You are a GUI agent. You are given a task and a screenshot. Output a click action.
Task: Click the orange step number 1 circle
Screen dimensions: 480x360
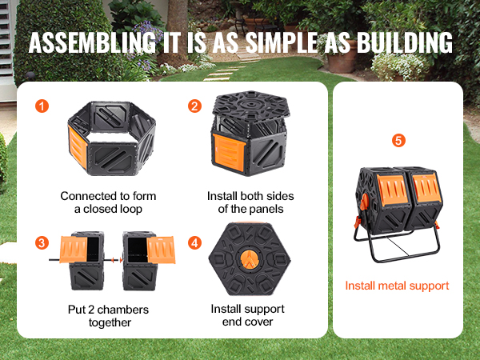click(x=42, y=106)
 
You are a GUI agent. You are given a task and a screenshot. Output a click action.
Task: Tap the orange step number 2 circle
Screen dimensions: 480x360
click(x=194, y=106)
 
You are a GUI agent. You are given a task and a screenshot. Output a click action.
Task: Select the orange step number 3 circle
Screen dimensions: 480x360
click(x=42, y=243)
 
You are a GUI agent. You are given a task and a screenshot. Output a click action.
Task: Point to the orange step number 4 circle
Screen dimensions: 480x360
click(x=194, y=243)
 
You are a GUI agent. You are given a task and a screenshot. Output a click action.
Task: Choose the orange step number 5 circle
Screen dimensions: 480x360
click(x=398, y=141)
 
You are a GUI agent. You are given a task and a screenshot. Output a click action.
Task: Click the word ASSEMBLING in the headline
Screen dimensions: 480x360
click(x=92, y=42)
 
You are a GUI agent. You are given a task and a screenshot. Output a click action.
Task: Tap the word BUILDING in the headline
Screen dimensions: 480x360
click(x=405, y=42)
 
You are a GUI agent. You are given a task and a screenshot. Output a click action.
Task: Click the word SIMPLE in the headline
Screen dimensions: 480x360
click(x=282, y=42)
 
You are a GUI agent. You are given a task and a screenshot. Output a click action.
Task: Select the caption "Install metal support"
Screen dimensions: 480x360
click(x=397, y=286)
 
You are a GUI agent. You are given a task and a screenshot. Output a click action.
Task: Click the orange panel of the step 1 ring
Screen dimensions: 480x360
click(x=78, y=146)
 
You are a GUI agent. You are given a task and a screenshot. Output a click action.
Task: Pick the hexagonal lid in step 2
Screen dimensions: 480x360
click(x=252, y=106)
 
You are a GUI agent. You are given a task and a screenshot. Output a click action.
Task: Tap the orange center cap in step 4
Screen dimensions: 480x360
click(x=250, y=258)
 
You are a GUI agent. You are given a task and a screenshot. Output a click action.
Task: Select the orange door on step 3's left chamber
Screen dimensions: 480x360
click(x=74, y=250)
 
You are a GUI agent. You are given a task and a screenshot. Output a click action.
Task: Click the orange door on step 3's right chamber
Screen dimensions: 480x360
click(x=161, y=250)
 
